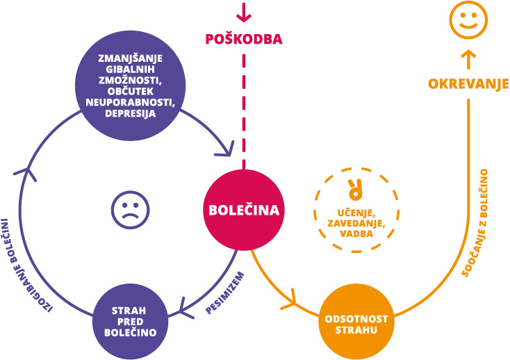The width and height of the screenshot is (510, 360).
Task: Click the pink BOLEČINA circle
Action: pyautogui.click(x=244, y=210)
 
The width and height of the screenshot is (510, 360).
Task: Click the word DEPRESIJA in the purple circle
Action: pyautogui.click(x=130, y=114)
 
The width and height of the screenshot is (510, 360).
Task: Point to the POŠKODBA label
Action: pyautogui.click(x=243, y=39)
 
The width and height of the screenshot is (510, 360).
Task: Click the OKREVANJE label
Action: pyautogui.click(x=468, y=83)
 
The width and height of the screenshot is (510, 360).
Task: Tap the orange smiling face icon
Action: pyautogui.click(x=468, y=19)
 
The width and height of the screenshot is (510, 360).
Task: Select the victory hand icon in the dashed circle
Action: pyautogui.click(x=356, y=188)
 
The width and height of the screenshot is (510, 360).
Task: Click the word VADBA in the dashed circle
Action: pyautogui.click(x=356, y=234)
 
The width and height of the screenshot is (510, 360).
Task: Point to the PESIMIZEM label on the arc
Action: pyautogui.click(x=224, y=292)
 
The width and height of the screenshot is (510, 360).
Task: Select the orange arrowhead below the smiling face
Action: pyautogui.click(x=468, y=55)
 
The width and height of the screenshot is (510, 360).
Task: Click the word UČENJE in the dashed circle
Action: pyautogui.click(x=356, y=213)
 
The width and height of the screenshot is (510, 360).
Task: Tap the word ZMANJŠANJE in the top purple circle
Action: pyautogui.click(x=130, y=58)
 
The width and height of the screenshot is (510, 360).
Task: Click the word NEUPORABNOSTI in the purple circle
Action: pyautogui.click(x=130, y=103)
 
